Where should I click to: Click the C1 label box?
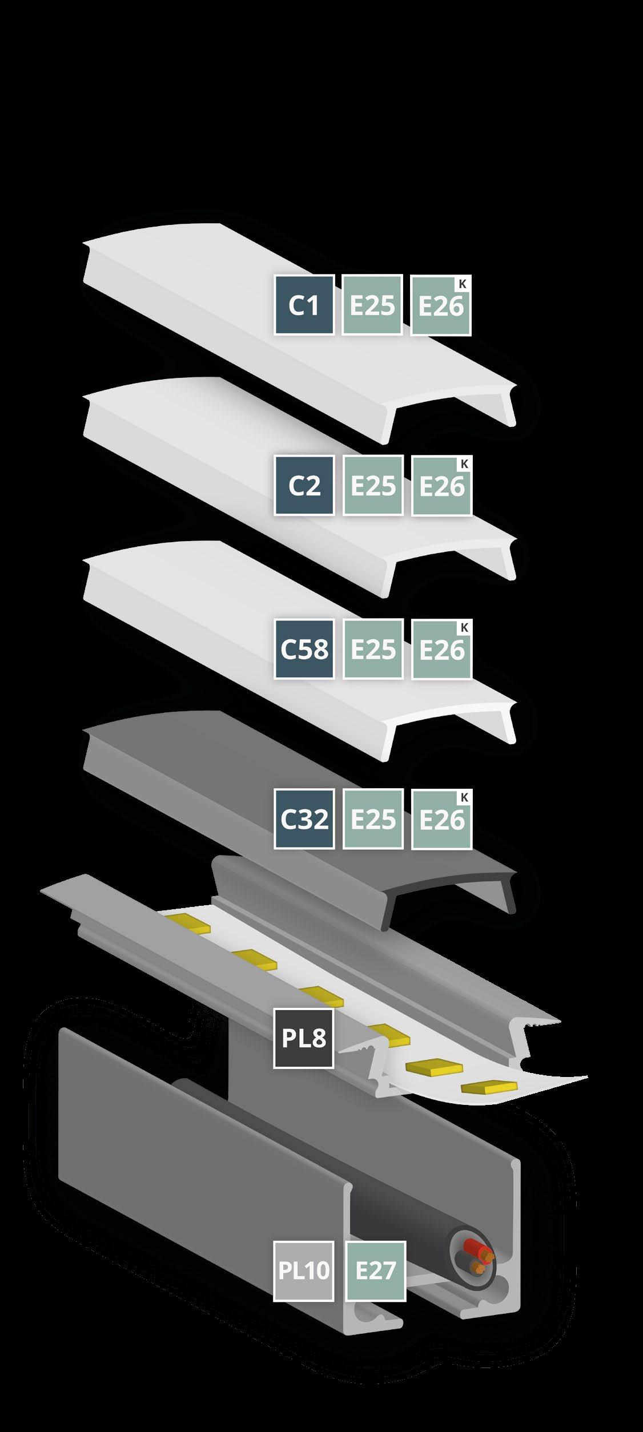coord(304,305)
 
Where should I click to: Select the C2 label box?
coord(304,486)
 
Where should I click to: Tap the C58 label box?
coord(304,649)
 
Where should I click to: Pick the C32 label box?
coord(304,818)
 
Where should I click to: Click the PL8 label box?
coord(304,1038)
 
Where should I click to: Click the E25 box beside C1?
coord(372,305)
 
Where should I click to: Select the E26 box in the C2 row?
coord(441,486)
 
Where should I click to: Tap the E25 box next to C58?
coord(372,649)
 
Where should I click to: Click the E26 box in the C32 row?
coord(441,818)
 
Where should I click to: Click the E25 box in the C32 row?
coord(372,818)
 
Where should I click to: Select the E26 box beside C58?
coord(441,649)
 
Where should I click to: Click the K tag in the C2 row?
coord(464,464)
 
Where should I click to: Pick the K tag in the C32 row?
coord(464,797)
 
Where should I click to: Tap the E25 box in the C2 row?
coord(372,486)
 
